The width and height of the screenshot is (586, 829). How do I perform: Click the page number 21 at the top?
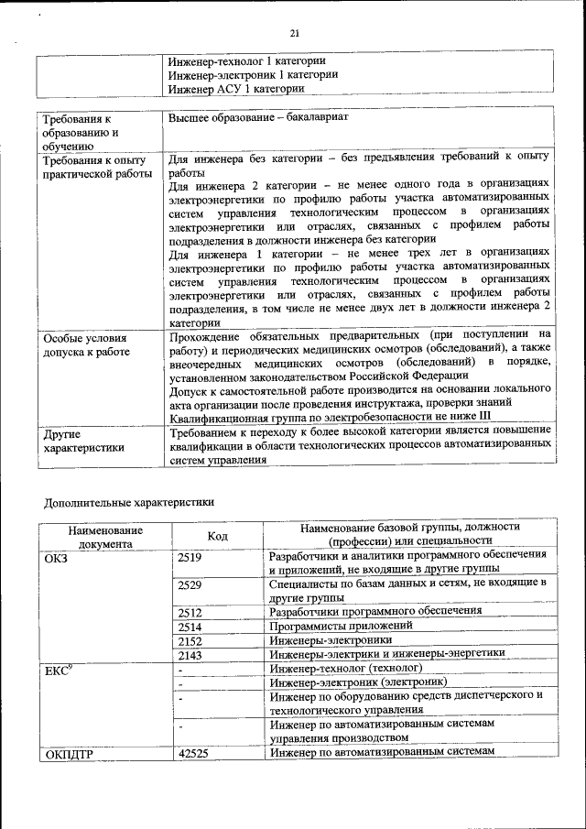pyautogui.click(x=295, y=34)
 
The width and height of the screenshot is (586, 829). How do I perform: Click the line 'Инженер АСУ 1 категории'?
pyautogui.click(x=235, y=89)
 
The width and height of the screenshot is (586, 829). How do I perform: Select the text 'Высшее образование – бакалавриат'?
pyautogui.click(x=259, y=118)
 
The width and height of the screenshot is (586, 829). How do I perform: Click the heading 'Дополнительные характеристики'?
pyautogui.click(x=130, y=501)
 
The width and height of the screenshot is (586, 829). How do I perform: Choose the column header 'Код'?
pyautogui.click(x=218, y=535)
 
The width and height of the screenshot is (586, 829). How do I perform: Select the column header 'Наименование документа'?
pyautogui.click(x=104, y=535)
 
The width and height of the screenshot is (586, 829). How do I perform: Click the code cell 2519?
pyautogui.click(x=190, y=557)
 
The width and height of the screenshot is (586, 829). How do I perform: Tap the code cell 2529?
pyautogui.click(x=190, y=584)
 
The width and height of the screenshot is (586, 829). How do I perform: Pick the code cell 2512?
pyautogui.click(x=190, y=611)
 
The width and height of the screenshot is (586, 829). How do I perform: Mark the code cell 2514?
pyautogui.click(x=190, y=626)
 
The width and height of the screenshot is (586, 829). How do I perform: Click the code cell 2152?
pyautogui.click(x=190, y=640)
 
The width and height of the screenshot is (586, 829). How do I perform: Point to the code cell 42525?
pyautogui.click(x=192, y=752)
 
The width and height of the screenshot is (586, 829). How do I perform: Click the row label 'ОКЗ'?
pyautogui.click(x=57, y=557)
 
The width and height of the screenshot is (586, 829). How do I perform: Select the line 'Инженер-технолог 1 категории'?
pyautogui.click(x=246, y=60)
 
